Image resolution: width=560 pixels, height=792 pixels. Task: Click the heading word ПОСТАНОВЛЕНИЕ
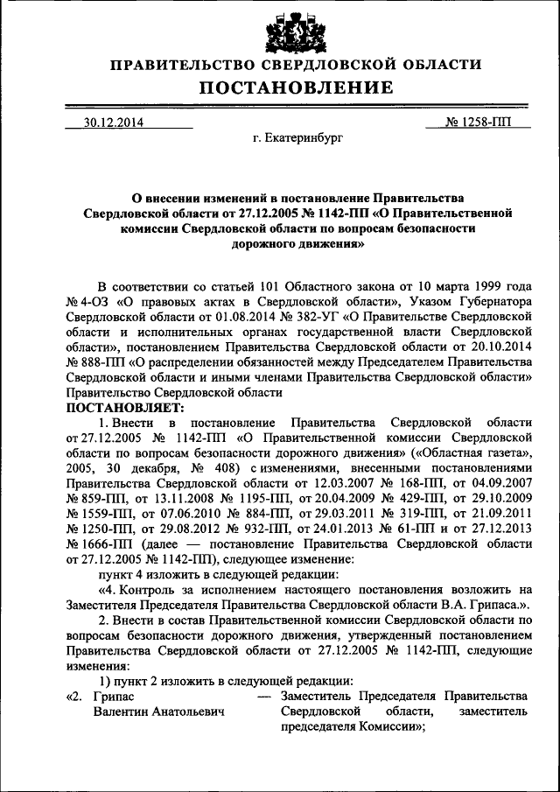295,88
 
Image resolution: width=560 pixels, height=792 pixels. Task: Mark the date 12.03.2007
333,487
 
